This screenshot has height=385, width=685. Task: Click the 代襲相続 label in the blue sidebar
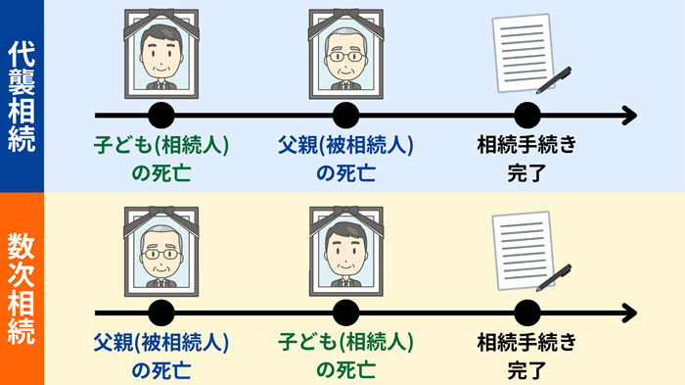coord(22,97)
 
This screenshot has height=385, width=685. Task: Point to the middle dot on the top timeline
coord(343,116)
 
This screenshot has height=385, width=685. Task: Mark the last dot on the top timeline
coord(526,116)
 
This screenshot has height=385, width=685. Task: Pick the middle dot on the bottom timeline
coord(343,313)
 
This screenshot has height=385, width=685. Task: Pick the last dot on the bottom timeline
coord(526,313)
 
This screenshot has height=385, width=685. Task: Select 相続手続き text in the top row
coord(526,146)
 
